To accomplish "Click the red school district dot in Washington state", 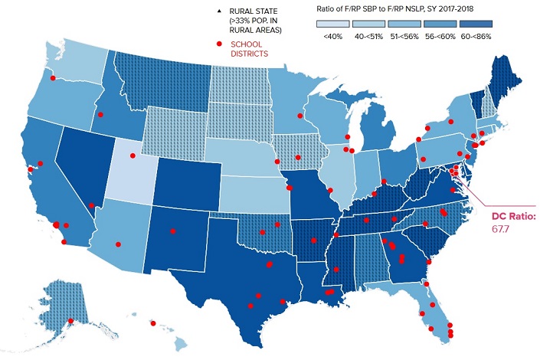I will click(53, 78).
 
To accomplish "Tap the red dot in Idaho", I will click(100, 116).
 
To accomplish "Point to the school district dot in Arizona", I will click(118, 244).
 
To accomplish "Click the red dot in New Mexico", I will click(173, 228).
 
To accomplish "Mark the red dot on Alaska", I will click(70, 321).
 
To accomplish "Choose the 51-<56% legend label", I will click(404, 35).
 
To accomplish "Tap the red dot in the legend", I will click(220, 44).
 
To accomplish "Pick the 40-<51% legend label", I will click(368, 35).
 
